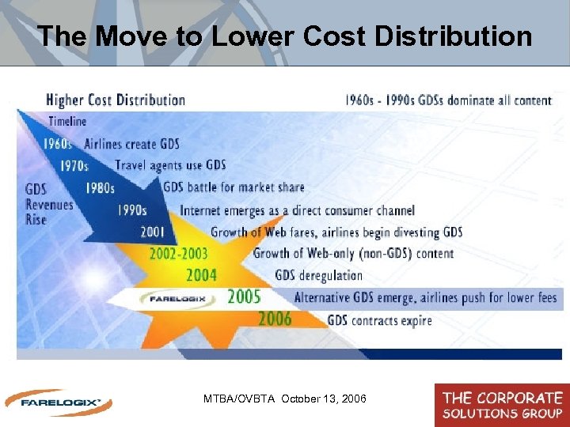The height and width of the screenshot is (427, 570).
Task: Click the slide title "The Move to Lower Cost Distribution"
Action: (x=284, y=36)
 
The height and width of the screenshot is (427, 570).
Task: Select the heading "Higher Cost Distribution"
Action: (x=116, y=100)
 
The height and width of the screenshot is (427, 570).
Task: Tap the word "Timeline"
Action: (x=67, y=122)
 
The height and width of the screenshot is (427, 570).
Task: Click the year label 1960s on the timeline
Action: (x=58, y=144)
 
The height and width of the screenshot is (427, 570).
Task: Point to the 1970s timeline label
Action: (x=74, y=165)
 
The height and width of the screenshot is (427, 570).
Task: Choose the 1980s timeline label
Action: (x=101, y=187)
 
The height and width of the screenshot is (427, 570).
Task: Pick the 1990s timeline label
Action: (x=131, y=210)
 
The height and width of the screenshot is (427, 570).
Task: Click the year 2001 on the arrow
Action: (x=153, y=232)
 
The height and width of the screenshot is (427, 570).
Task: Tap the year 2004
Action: (x=201, y=275)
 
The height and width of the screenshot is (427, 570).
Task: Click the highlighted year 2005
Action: (x=244, y=297)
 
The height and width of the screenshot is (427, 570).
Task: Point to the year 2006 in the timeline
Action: (x=275, y=319)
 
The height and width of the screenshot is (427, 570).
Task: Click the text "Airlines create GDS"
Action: (x=132, y=144)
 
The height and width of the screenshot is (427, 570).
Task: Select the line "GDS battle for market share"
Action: (x=234, y=187)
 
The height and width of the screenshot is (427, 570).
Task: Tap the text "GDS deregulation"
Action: (x=318, y=276)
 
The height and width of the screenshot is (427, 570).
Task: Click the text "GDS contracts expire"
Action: (x=380, y=320)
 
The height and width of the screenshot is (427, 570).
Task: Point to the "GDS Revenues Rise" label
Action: (x=48, y=204)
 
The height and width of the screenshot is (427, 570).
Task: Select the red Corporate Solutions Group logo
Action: (x=502, y=404)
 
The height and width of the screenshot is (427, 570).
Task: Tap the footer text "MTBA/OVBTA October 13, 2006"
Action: (x=285, y=399)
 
